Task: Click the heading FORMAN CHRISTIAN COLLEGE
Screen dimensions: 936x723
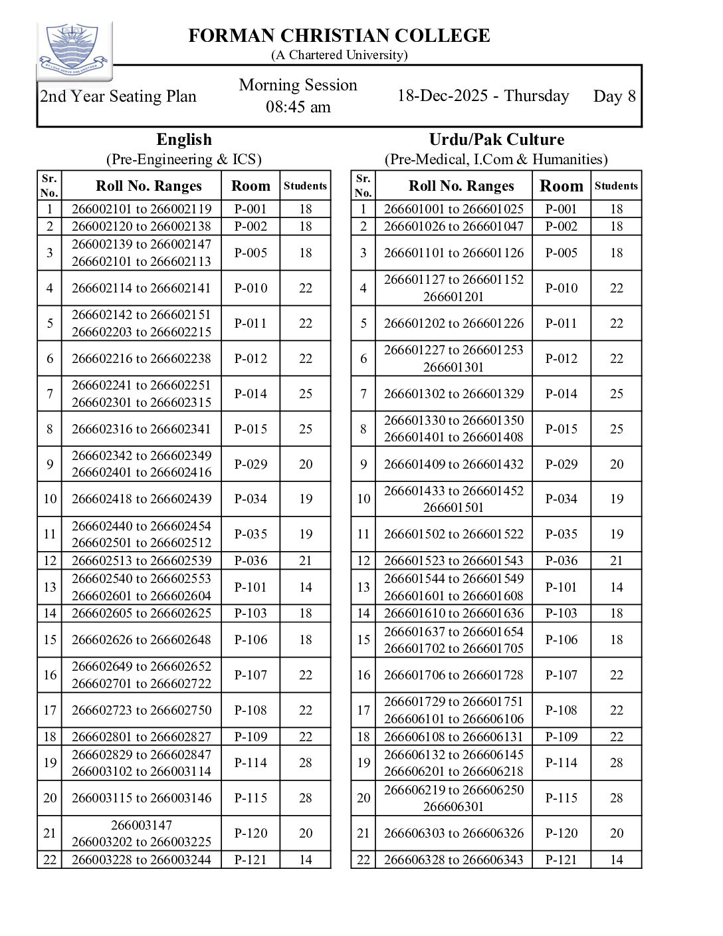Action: (x=339, y=35)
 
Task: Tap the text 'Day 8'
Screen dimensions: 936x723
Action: (x=614, y=96)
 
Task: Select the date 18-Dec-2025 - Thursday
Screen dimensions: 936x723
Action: (x=483, y=96)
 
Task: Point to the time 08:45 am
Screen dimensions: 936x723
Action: (x=298, y=107)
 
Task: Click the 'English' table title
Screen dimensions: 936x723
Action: (x=184, y=140)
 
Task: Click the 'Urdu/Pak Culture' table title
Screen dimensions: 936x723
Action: (x=496, y=140)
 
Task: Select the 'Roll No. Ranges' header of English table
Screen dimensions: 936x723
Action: (x=148, y=186)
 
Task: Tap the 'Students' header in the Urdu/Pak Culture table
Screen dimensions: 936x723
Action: (x=616, y=186)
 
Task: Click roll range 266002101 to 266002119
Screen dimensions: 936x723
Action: (x=142, y=209)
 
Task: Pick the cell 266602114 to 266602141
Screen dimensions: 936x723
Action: (x=142, y=288)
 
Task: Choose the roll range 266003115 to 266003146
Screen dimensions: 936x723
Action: (x=142, y=798)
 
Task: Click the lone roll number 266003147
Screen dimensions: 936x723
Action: (x=142, y=825)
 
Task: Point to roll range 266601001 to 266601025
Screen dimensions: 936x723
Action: (x=454, y=209)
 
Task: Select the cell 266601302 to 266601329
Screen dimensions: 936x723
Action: (x=454, y=394)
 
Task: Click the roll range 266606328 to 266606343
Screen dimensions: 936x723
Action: (x=454, y=860)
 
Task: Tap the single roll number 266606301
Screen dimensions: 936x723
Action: (x=454, y=806)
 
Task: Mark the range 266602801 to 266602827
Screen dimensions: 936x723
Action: (x=142, y=737)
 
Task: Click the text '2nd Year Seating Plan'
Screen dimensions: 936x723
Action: (x=118, y=96)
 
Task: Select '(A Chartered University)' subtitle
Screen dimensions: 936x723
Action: (x=339, y=55)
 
